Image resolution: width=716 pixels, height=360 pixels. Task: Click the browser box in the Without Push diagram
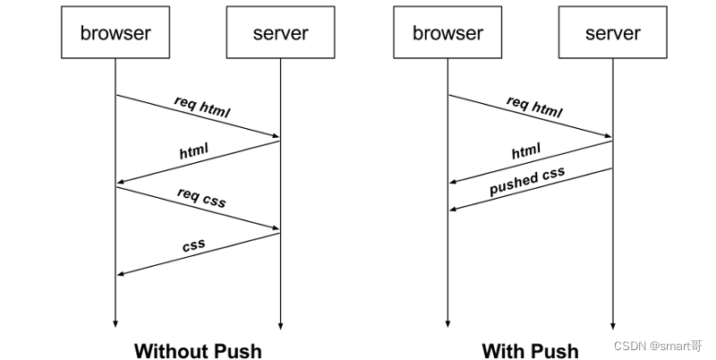pos(115,32)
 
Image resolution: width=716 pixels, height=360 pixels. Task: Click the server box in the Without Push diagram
pos(280,32)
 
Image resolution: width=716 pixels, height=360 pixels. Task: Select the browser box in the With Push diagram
pos(447,32)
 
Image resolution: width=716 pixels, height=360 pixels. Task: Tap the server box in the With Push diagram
pos(613,32)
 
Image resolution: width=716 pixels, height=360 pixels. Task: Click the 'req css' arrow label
pos(201,197)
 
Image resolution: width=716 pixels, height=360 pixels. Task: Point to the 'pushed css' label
pos(527,181)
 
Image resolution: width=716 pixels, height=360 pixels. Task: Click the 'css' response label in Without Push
pos(193,245)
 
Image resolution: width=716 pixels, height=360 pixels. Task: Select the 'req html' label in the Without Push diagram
pos(202,107)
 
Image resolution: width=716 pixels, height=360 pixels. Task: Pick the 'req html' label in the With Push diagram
pos(534,107)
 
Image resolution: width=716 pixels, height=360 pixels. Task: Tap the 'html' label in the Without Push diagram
pos(193,150)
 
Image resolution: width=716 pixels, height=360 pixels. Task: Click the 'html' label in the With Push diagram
pos(526,150)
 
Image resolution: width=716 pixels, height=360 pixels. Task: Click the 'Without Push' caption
pos(198,351)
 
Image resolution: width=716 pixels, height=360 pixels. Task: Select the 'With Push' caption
pos(530,351)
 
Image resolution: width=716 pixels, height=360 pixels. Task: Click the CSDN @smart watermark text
pos(658,346)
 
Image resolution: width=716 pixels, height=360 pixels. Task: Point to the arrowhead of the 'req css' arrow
pos(276,227)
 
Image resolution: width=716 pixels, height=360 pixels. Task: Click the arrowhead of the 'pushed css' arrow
pos(453,210)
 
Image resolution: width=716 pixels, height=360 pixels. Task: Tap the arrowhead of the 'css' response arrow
pos(121,274)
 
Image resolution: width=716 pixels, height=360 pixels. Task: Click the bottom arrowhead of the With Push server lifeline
pos(613,326)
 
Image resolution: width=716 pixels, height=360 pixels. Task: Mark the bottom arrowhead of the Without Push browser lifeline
pos(115,324)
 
